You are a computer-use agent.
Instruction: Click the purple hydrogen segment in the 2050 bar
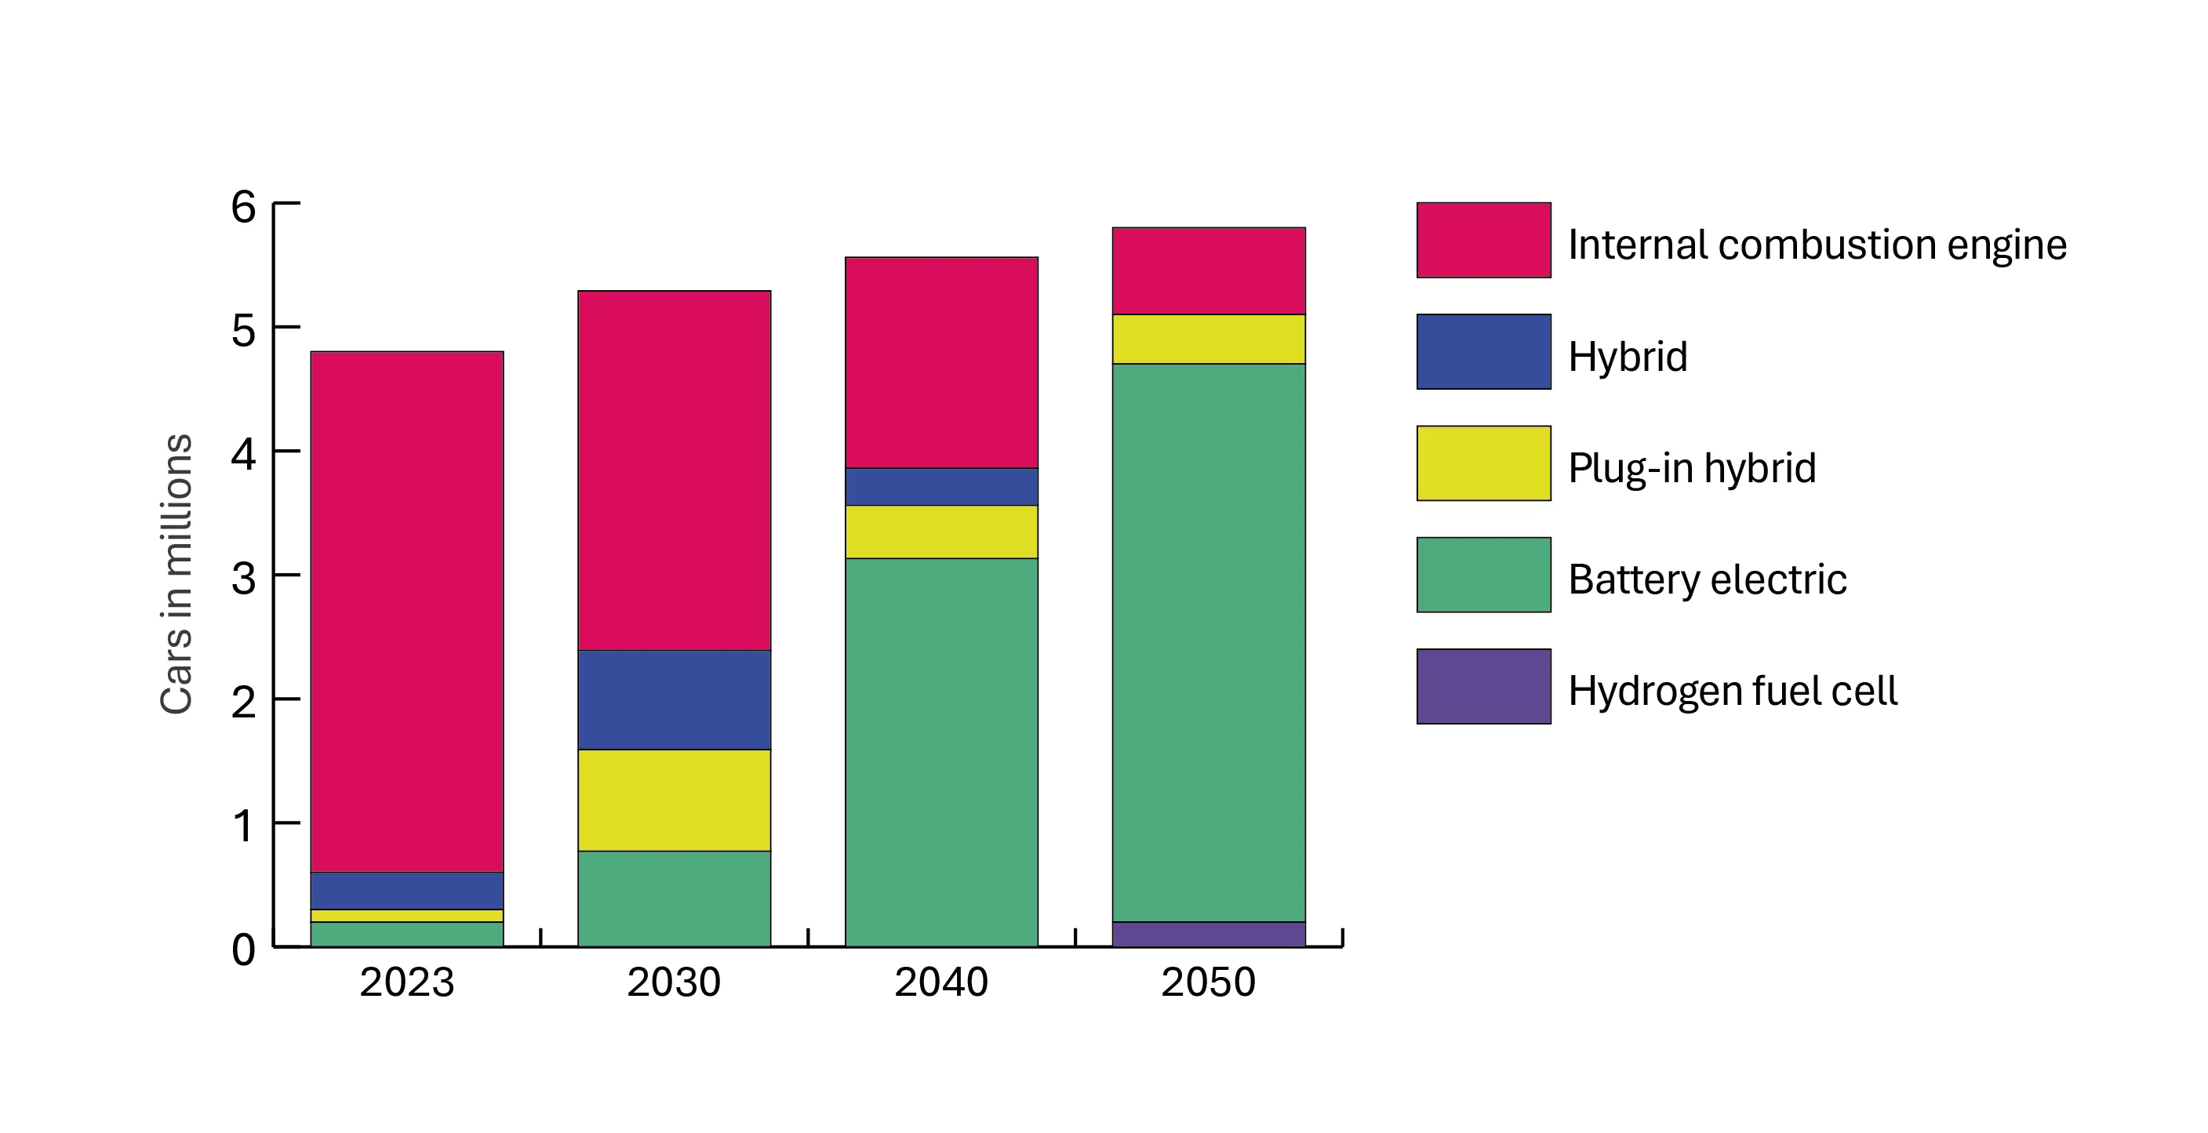pyautogui.click(x=1209, y=933)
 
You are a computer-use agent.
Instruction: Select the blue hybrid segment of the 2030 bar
pyautogui.click(x=674, y=699)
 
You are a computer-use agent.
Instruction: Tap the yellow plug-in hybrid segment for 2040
pyautogui.click(x=941, y=532)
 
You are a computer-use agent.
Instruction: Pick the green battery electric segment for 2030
pyautogui.click(x=674, y=899)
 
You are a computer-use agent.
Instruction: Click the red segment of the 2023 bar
pyautogui.click(x=406, y=611)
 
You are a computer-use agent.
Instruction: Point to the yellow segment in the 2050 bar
pyautogui.click(x=1209, y=340)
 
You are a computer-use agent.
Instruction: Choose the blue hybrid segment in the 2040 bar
pyautogui.click(x=941, y=486)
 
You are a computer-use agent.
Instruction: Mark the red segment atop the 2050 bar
pyautogui.click(x=1209, y=271)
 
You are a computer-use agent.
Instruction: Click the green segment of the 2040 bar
pyautogui.click(x=941, y=752)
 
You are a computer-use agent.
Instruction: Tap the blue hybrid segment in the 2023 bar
pyautogui.click(x=406, y=891)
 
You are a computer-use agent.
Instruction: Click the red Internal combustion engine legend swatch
pyautogui.click(x=1483, y=240)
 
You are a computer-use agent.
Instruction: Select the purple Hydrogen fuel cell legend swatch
pyautogui.click(x=1483, y=685)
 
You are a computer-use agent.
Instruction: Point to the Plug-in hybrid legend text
pyautogui.click(x=1691, y=468)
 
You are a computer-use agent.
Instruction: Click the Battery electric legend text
pyautogui.click(x=1707, y=579)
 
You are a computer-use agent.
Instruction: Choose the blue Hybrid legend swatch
pyautogui.click(x=1483, y=351)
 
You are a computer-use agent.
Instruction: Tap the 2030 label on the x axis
pyautogui.click(x=674, y=982)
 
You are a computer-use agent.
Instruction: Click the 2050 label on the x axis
pyautogui.click(x=1209, y=982)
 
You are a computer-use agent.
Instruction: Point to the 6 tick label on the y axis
pyautogui.click(x=243, y=206)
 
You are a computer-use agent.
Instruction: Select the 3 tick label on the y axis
pyautogui.click(x=243, y=579)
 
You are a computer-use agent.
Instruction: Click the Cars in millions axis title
pyautogui.click(x=176, y=573)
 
